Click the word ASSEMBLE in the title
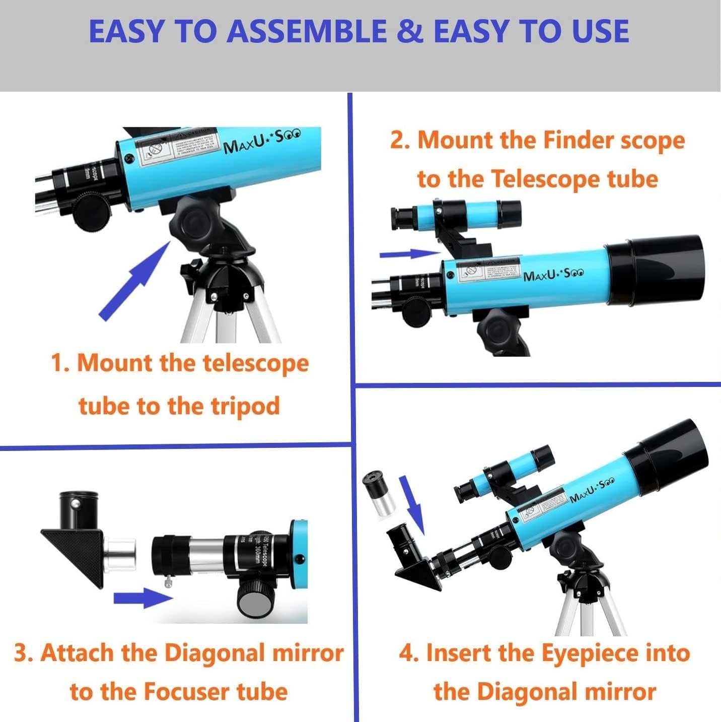click(x=307, y=31)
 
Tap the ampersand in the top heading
click(x=410, y=31)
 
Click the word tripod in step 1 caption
click(x=245, y=406)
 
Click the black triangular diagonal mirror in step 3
click(x=73, y=554)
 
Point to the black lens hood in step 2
click(x=655, y=270)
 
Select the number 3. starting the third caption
click(x=23, y=653)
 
